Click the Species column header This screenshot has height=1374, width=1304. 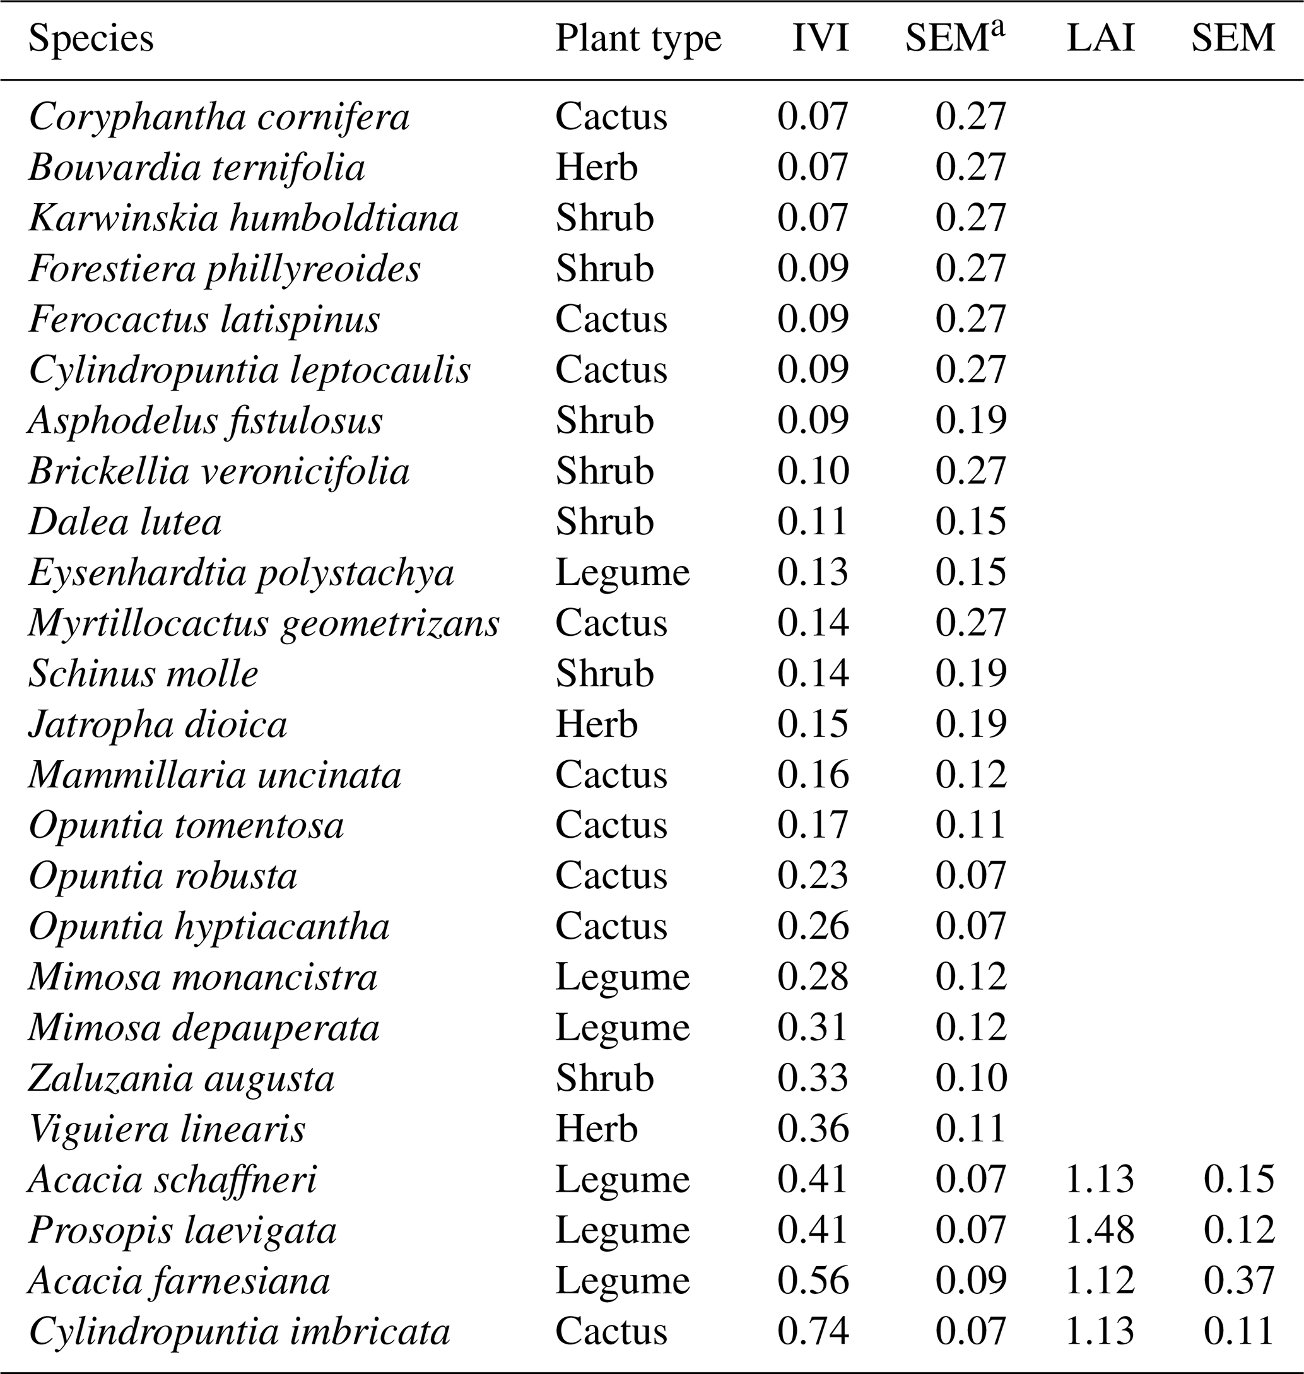(x=90, y=40)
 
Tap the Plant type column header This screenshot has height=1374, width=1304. (x=638, y=40)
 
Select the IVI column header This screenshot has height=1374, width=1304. (x=820, y=40)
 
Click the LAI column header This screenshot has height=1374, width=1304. (x=1100, y=40)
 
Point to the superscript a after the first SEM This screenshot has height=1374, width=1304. (x=999, y=30)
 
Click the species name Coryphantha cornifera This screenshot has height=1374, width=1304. (x=219, y=117)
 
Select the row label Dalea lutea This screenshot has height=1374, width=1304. (x=125, y=522)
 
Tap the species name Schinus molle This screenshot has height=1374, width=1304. (x=143, y=674)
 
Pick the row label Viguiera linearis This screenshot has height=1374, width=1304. (x=167, y=1129)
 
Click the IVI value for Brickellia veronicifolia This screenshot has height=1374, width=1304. (x=813, y=471)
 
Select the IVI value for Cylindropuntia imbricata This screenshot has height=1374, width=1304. (x=813, y=1331)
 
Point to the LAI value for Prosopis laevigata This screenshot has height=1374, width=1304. (x=1100, y=1230)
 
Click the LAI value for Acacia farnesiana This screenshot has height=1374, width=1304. (x=1100, y=1280)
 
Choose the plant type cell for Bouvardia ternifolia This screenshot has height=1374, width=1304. (x=596, y=168)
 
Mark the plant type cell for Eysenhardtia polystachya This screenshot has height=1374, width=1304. (x=622, y=573)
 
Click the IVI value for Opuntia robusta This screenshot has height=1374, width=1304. (x=813, y=876)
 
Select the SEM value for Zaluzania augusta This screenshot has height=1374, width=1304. (x=970, y=1078)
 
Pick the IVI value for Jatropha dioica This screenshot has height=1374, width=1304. (x=813, y=724)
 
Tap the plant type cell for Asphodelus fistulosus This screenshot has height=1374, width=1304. (x=604, y=421)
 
